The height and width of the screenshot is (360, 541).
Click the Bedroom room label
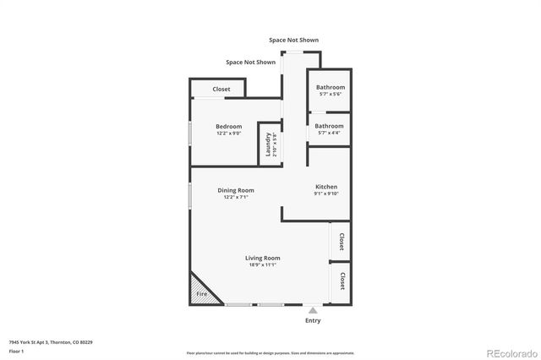228,127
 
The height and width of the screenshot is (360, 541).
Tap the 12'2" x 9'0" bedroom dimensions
228,134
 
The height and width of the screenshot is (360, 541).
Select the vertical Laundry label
268,145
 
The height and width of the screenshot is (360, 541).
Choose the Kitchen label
326,187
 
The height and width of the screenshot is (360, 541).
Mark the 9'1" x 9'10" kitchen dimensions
326,194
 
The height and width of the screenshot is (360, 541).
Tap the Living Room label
263,258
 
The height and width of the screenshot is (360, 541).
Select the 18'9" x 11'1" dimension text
263,265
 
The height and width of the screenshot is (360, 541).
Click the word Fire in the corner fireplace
202,294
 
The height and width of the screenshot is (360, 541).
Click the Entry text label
313,320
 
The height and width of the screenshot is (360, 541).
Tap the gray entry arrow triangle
313,310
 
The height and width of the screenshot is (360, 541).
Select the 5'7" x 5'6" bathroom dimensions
330,94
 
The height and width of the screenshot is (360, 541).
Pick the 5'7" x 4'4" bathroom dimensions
330,133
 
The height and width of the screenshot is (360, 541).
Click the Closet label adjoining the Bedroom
221,89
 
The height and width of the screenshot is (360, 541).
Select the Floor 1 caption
17,350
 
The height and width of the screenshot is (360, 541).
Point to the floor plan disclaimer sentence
270,352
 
